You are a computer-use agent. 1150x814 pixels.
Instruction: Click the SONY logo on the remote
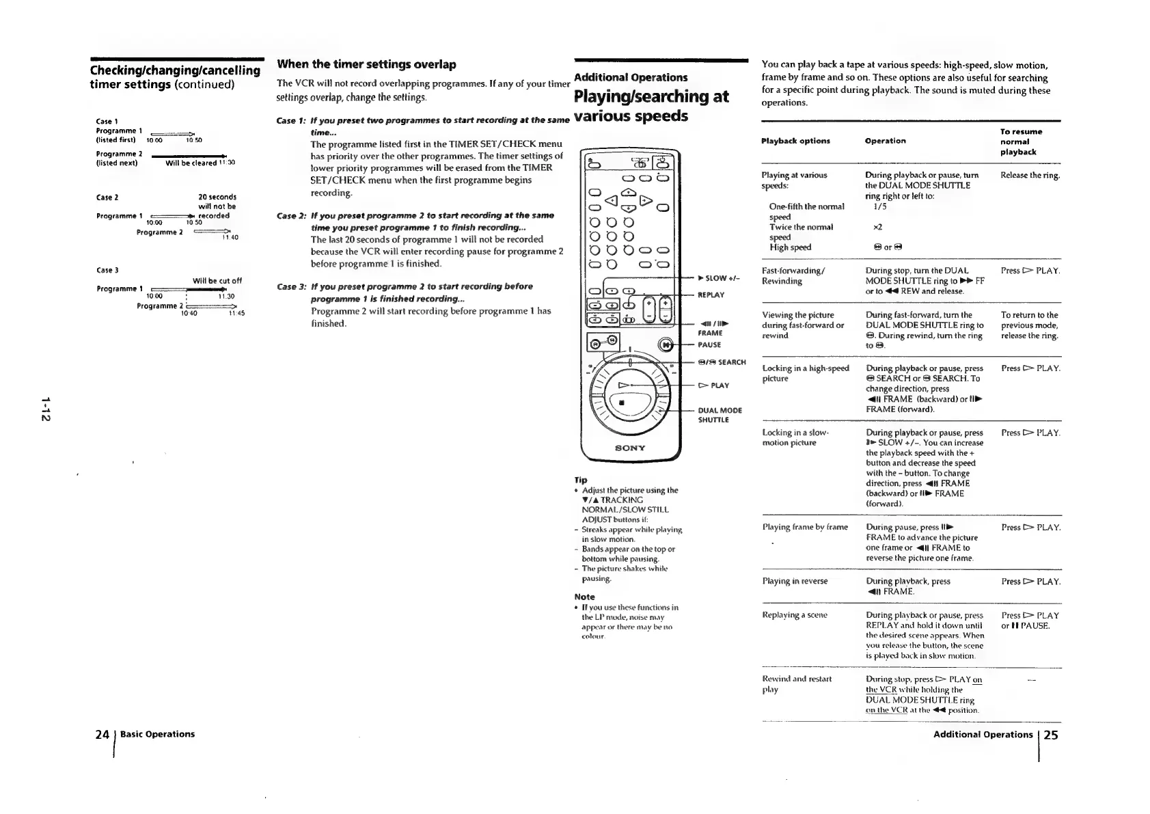point(629,448)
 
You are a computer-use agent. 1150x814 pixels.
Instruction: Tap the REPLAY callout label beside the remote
point(710,295)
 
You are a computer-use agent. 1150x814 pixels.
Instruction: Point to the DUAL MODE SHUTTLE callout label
point(720,415)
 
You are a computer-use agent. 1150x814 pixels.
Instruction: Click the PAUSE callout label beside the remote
point(709,345)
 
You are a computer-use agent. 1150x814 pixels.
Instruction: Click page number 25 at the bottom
point(1050,735)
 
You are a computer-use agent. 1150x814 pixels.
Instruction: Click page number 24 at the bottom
point(102,735)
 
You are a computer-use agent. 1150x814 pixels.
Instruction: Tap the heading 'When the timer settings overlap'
point(366,64)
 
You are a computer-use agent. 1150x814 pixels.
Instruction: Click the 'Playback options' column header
point(795,141)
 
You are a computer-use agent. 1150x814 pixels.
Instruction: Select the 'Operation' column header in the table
point(885,141)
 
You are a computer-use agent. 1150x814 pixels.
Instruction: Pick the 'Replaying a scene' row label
point(795,615)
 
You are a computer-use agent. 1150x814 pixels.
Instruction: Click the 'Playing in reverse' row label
point(795,581)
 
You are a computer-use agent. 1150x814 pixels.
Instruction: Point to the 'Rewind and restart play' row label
point(797,684)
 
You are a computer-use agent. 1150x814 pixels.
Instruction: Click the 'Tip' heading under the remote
point(581,480)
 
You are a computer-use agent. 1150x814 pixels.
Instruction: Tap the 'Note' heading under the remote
point(584,597)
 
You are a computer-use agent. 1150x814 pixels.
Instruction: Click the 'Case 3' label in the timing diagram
point(107,271)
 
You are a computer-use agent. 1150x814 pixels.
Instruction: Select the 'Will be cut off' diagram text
point(217,281)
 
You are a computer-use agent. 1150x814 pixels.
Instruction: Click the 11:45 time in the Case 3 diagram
point(236,313)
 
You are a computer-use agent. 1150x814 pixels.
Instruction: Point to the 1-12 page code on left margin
point(45,408)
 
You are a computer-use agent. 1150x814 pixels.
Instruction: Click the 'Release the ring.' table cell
point(1030,176)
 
